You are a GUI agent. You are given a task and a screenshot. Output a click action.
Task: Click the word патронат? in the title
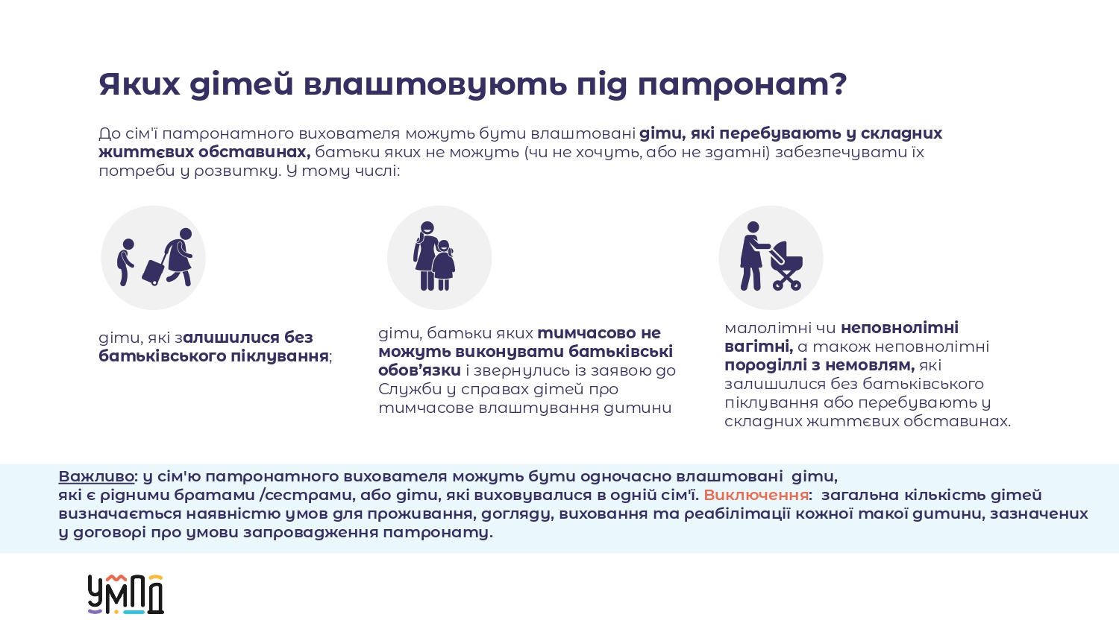point(742,84)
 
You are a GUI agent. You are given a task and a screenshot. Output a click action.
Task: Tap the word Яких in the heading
point(139,84)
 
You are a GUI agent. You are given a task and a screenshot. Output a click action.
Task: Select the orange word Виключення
point(756,495)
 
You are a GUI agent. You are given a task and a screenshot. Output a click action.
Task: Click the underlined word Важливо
point(96,476)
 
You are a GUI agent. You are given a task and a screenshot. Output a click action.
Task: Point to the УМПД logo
point(126,594)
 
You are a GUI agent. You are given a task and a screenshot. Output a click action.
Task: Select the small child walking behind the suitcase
point(125,262)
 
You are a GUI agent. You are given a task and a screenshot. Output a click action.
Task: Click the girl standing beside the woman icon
point(443,265)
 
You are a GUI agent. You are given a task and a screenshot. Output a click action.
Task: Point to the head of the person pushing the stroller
point(752,227)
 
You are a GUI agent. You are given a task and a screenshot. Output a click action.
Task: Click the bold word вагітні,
point(759,347)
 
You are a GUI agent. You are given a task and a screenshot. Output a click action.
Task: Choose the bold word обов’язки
point(419,370)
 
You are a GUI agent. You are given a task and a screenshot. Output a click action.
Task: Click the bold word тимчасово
point(581,333)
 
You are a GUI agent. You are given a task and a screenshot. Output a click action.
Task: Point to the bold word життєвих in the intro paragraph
point(145,152)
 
